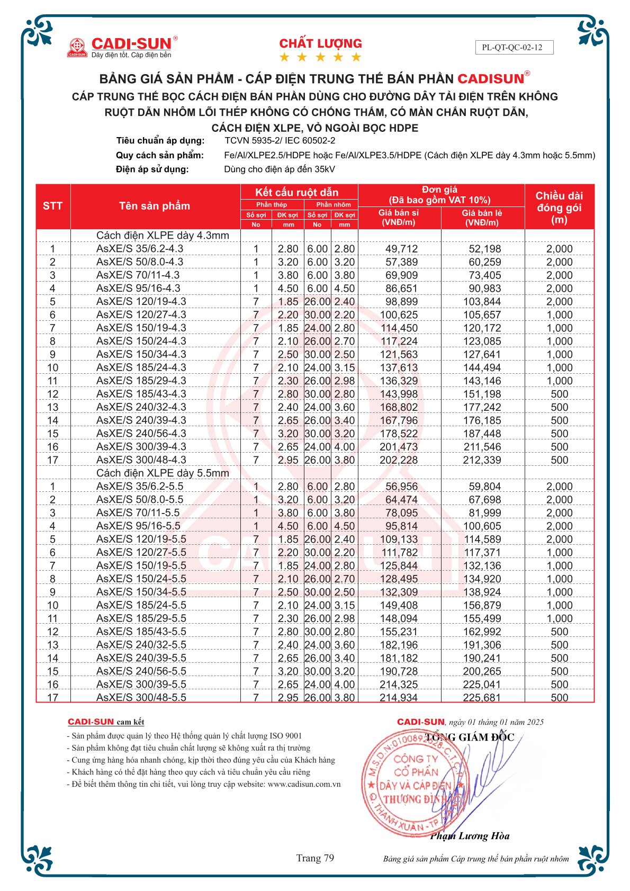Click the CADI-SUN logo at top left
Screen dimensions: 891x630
122,47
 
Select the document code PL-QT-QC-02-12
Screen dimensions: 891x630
512,47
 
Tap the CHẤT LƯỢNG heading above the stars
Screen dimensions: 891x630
320,43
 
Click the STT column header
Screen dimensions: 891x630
52,206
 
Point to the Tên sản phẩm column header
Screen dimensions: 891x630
155,206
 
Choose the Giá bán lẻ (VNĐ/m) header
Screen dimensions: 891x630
482,218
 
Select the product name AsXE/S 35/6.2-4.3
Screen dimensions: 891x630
140,249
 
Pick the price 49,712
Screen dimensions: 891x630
401,249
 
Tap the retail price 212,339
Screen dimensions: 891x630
482,460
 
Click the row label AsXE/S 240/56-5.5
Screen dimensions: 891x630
141,671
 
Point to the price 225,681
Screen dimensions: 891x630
482,698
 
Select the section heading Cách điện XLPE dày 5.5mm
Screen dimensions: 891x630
163,473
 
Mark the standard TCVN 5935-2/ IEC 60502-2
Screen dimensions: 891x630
280,141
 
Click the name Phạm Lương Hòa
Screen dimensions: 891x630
470,836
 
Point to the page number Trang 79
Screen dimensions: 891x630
315,858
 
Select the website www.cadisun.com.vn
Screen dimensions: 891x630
304,784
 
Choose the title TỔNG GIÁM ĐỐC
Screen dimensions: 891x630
470,737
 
